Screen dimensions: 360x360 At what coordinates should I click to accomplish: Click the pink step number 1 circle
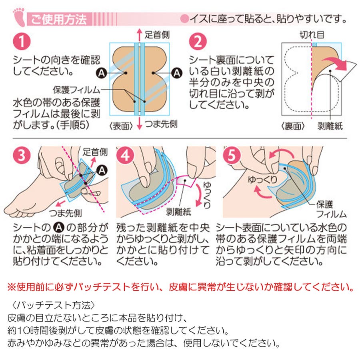(x=22, y=41)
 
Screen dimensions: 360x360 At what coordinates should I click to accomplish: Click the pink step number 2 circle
(x=198, y=41)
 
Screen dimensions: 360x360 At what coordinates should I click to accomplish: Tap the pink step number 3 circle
(x=22, y=155)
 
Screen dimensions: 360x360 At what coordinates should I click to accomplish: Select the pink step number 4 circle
(x=125, y=155)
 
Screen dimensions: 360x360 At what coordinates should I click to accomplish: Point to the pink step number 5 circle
(x=232, y=155)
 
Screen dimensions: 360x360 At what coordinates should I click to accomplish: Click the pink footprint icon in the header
(x=19, y=16)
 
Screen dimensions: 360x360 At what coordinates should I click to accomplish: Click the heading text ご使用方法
(x=59, y=19)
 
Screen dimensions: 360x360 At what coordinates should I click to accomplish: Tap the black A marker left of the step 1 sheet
(x=102, y=73)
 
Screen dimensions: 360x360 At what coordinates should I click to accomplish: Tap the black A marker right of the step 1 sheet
(x=177, y=73)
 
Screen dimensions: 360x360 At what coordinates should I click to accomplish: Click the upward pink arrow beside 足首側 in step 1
(x=139, y=35)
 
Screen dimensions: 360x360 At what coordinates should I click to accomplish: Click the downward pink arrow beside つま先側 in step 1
(x=139, y=123)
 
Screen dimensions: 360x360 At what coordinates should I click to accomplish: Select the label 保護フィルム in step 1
(x=77, y=90)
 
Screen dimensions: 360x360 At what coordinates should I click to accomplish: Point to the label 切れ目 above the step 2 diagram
(x=312, y=35)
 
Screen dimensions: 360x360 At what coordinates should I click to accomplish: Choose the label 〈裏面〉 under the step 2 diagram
(x=293, y=126)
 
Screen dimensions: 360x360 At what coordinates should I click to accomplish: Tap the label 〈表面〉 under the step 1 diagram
(x=121, y=126)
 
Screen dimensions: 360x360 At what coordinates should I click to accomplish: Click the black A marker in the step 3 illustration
(x=102, y=170)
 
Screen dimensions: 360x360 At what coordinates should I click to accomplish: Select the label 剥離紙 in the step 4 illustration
(x=179, y=212)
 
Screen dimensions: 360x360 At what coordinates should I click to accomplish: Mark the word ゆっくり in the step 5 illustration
(x=262, y=180)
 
